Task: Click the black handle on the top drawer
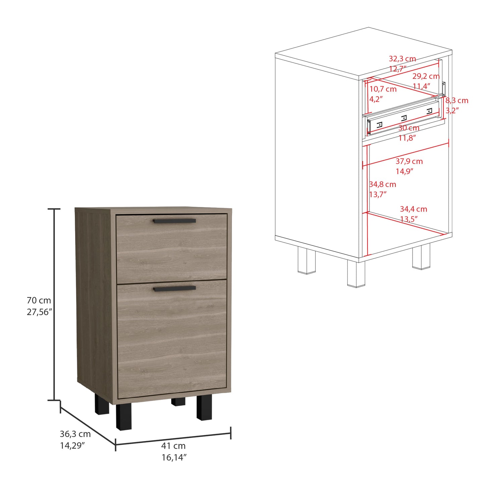click(174, 221)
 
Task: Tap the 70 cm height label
click(39, 300)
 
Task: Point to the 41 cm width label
click(174, 445)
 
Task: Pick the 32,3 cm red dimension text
click(402, 59)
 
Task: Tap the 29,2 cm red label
click(426, 76)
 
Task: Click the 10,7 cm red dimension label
click(383, 89)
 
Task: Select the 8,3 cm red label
click(457, 100)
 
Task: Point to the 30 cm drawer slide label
click(409, 128)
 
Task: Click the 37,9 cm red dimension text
click(409, 161)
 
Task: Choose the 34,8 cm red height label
click(383, 184)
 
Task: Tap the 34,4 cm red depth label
click(414, 209)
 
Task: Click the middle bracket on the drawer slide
click(404, 117)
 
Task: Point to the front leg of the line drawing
click(356, 274)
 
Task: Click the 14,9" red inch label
click(404, 171)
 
